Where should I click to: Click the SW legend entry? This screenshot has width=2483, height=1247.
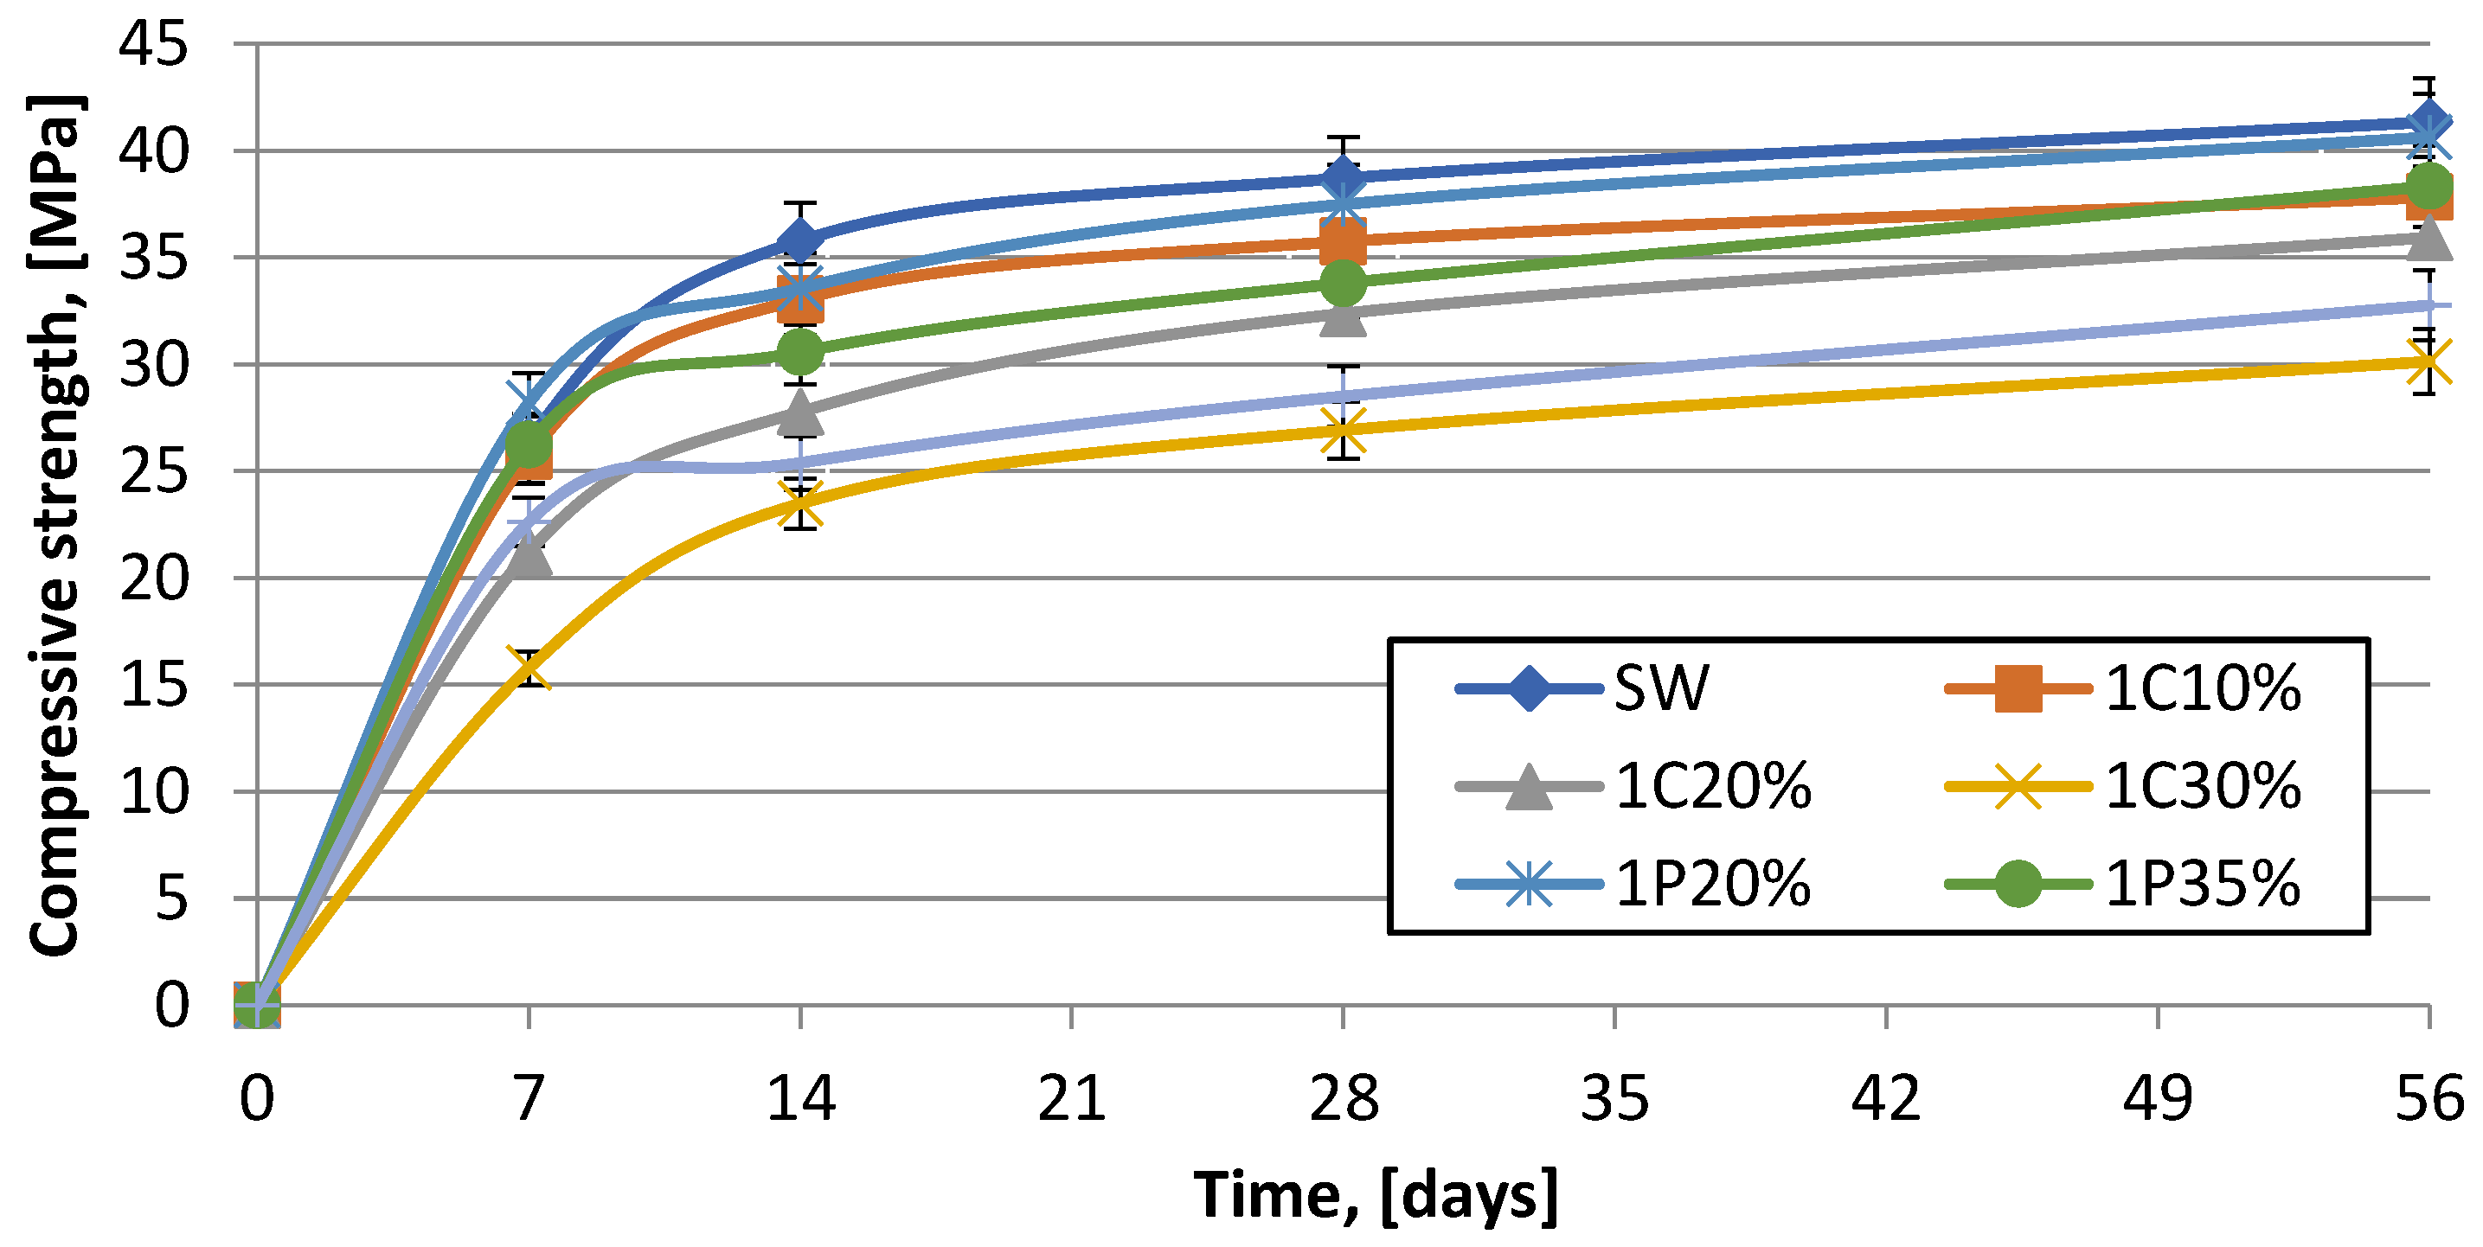click(1582, 688)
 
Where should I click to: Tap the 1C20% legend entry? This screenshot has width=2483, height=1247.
click(1633, 786)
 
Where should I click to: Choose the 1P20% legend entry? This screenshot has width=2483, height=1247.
click(1633, 883)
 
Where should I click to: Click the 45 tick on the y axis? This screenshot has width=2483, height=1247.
click(153, 44)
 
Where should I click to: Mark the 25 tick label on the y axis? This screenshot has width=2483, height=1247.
click(153, 471)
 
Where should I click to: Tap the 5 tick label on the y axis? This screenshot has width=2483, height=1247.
click(171, 898)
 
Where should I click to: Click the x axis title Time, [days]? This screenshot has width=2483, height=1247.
click(1376, 1196)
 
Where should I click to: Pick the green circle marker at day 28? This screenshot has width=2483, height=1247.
click(1343, 283)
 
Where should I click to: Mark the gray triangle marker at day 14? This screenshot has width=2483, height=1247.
click(800, 412)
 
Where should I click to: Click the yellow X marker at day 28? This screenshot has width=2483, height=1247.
click(1343, 430)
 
